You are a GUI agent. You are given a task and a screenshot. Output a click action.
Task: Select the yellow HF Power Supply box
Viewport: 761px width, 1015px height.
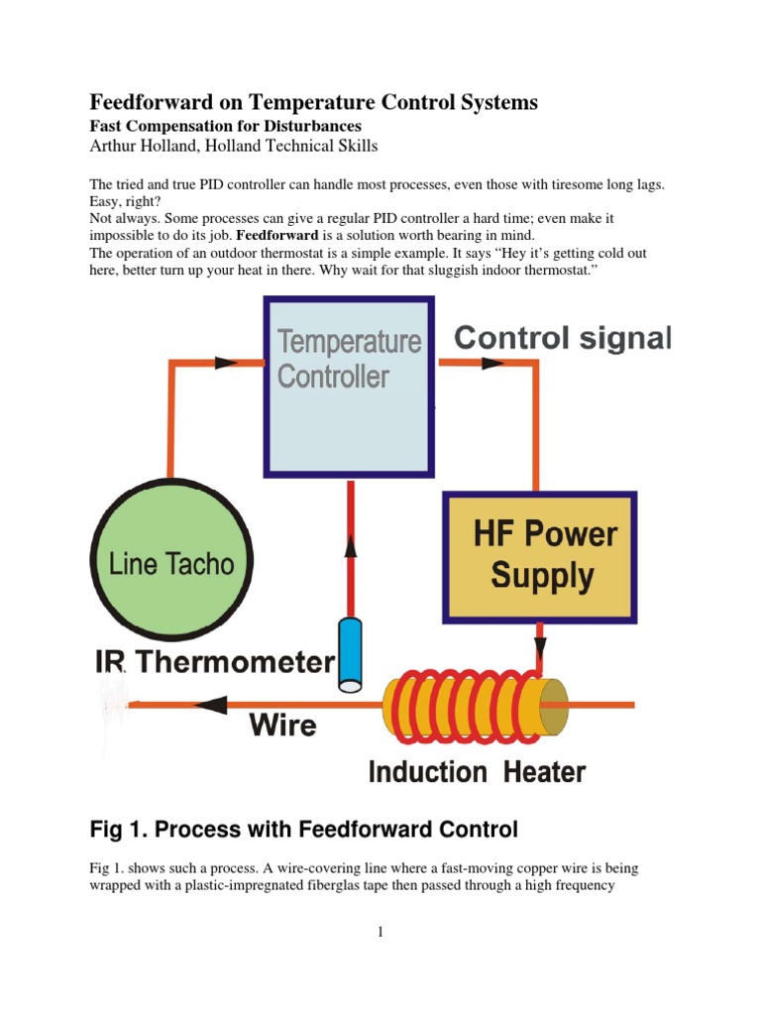point(540,557)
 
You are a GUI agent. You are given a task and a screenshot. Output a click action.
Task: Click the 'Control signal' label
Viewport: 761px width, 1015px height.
point(563,339)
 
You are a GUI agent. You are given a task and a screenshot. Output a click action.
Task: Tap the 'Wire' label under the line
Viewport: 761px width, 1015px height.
point(282,725)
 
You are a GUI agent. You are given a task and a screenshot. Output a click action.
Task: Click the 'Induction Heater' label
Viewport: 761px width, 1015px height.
point(477,771)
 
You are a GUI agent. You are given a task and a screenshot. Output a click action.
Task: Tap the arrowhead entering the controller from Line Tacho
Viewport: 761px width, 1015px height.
point(226,363)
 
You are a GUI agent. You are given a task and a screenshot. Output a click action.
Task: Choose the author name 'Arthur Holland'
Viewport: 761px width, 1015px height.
point(143,146)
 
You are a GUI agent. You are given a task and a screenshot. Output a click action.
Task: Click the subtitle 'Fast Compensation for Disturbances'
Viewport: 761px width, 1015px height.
point(226,126)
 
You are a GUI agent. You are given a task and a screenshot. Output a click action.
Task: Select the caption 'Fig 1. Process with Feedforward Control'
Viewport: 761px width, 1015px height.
point(304,828)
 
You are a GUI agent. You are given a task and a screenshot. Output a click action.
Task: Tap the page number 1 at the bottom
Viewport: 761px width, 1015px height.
point(380,932)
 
